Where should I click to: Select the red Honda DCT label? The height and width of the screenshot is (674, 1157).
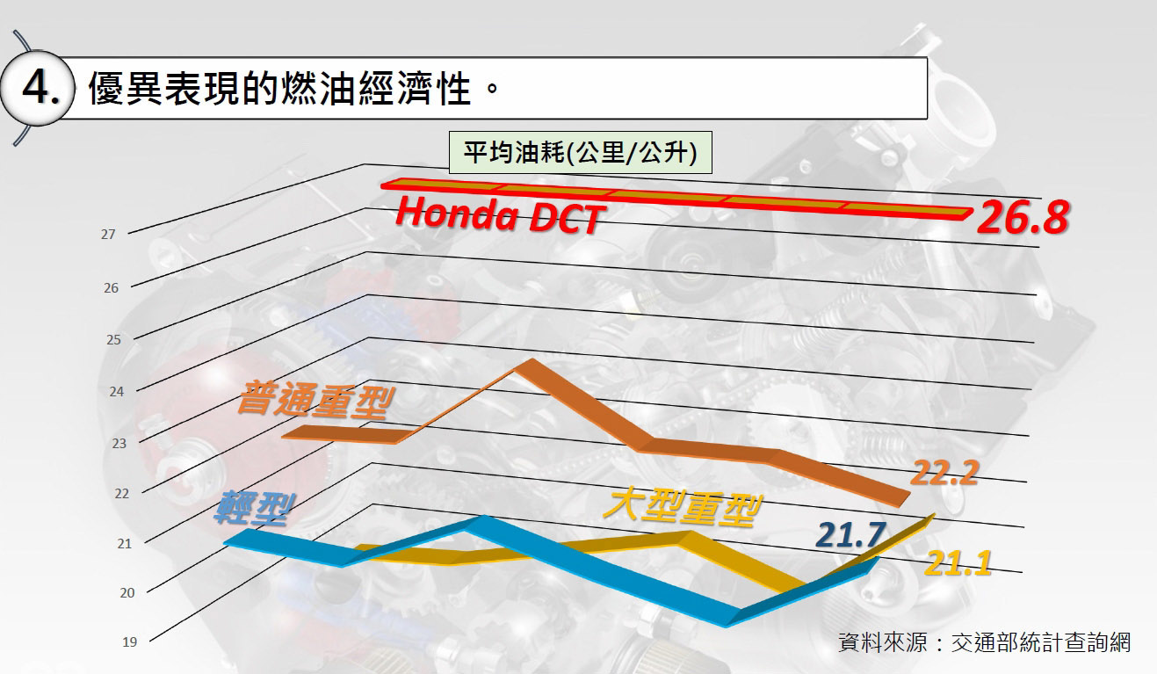point(497,215)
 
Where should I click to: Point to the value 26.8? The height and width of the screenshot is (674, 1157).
point(1022,220)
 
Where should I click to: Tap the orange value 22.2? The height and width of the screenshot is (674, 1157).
point(944,473)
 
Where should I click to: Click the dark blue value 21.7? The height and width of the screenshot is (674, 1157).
point(850,533)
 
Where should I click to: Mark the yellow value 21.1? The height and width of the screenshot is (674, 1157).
point(958,562)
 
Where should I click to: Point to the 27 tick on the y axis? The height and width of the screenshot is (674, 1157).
point(109,235)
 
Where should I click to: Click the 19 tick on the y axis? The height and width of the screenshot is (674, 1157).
point(129,642)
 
